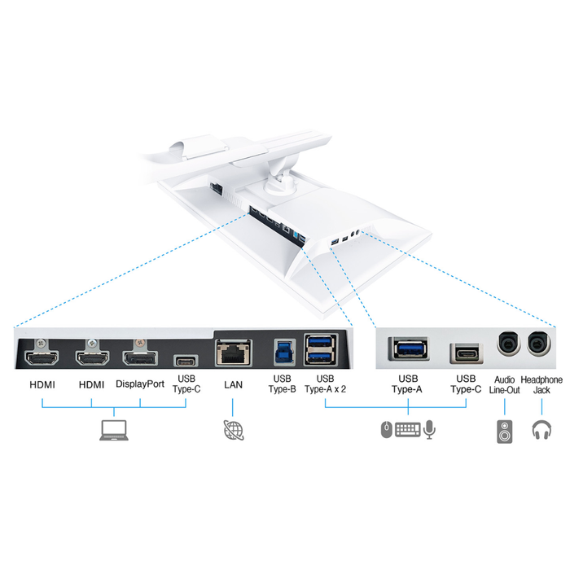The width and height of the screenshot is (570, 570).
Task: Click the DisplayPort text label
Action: coord(139,382)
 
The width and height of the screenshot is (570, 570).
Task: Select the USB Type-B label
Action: coord(282,384)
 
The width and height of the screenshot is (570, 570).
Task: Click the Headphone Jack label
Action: coord(541,384)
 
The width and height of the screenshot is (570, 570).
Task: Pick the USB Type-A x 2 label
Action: coord(325,384)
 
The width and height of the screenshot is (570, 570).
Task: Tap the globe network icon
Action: coord(231,431)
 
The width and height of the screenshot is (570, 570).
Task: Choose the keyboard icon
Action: coord(408,429)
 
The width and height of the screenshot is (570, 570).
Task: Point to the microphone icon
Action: coord(430,429)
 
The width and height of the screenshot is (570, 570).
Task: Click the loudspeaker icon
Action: coord(505,432)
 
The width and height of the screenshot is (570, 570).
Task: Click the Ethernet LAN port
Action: coord(231,351)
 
